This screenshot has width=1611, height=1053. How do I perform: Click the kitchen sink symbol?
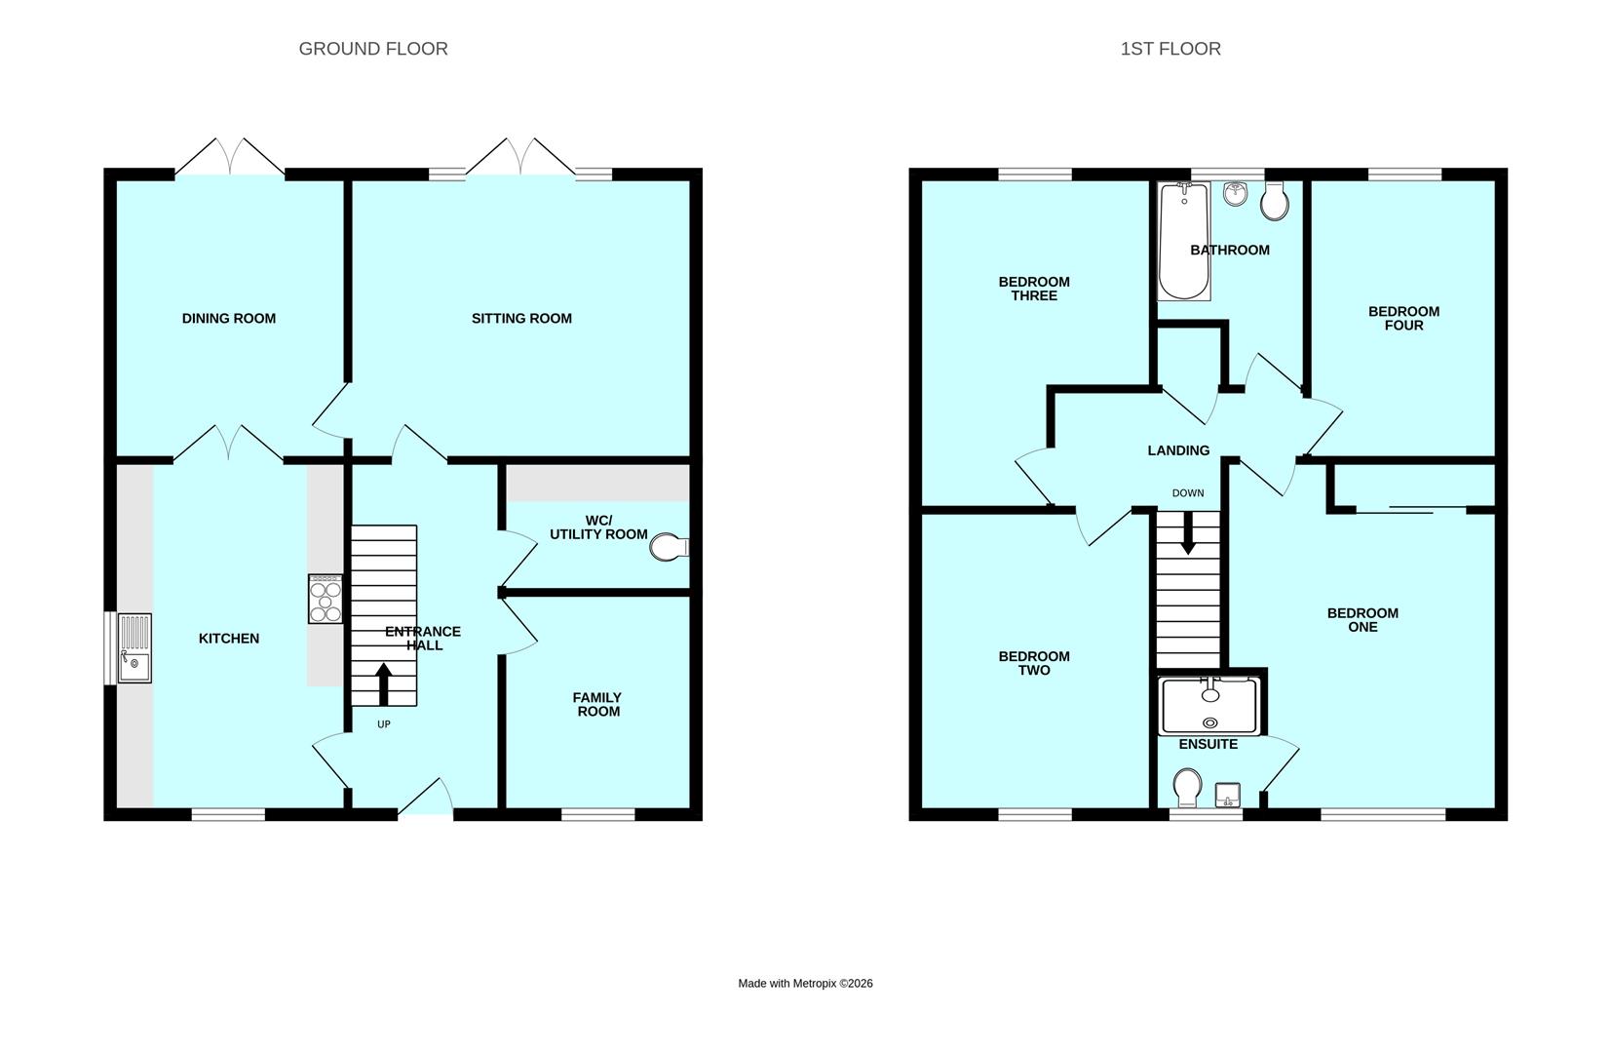coord(134,647)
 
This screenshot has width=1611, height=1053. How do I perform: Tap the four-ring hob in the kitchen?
coord(326,599)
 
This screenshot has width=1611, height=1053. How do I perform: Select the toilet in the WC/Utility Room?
coord(668,547)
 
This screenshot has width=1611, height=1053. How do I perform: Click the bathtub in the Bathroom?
coord(1183,241)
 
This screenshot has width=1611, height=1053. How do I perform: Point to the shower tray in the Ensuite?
coord(1209,707)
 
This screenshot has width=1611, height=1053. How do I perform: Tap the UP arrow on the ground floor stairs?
coord(383,683)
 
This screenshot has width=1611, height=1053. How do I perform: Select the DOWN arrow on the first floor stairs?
coord(1187,534)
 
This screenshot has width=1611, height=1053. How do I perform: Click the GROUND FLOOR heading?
coord(373,49)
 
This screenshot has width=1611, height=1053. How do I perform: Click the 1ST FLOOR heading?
coord(1170,49)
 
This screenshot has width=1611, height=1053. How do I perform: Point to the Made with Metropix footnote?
coord(805,983)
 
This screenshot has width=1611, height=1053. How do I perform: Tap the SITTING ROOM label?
coord(521,318)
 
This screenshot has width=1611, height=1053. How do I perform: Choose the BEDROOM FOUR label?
coord(1403,318)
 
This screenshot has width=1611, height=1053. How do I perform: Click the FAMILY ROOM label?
coord(598,704)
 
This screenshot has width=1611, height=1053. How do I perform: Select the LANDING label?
coord(1178,450)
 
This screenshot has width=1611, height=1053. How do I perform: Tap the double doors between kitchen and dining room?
coord(229,444)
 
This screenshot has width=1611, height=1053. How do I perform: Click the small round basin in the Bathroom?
coord(1235,193)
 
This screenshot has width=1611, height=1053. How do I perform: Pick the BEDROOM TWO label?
coord(1034,663)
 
